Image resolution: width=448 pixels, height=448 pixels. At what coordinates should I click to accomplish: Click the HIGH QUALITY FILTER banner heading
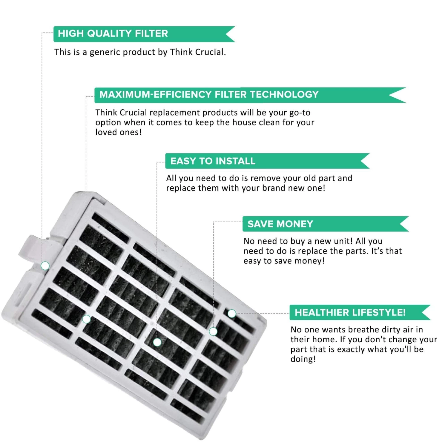[113, 33]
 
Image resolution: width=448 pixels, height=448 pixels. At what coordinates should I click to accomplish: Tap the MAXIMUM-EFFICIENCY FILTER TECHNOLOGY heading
[209, 95]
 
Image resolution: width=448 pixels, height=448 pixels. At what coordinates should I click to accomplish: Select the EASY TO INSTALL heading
[213, 161]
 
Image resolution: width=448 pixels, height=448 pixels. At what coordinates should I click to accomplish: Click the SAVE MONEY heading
[280, 224]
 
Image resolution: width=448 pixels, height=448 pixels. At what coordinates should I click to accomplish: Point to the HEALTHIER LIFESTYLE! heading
[350, 312]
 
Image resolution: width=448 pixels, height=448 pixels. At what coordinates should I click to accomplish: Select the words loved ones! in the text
[118, 132]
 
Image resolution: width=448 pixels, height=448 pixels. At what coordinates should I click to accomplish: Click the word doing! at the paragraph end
[303, 359]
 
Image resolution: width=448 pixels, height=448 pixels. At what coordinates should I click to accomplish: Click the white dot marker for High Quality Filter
[45, 266]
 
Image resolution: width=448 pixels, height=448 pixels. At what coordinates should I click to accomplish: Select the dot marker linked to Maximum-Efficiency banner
[86, 319]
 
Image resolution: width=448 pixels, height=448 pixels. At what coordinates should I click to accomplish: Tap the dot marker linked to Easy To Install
[157, 342]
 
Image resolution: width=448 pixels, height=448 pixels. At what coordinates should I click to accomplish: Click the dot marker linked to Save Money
[213, 331]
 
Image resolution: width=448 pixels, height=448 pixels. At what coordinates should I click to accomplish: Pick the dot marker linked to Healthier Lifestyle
[232, 314]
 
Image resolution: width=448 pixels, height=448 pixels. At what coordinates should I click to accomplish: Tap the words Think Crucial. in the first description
[198, 52]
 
